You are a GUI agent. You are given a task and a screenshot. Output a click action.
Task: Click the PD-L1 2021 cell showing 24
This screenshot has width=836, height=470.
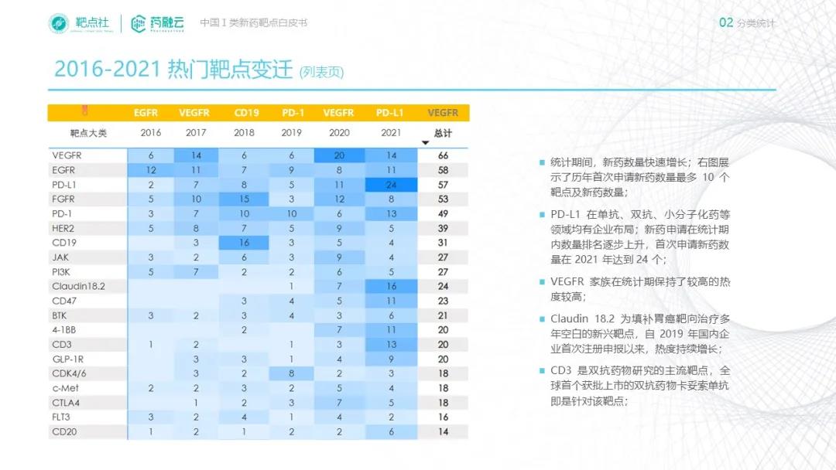coord(391,186)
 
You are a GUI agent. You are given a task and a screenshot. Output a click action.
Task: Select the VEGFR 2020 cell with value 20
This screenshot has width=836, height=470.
coord(339,155)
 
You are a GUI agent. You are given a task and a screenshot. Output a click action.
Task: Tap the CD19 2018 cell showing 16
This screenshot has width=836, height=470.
coord(244,243)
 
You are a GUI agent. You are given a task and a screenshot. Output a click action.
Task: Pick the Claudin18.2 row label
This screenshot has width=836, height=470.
coord(78,286)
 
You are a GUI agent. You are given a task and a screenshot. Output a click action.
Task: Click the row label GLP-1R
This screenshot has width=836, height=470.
coord(67,359)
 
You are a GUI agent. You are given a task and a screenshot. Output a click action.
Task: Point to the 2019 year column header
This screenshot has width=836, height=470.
coord(291,133)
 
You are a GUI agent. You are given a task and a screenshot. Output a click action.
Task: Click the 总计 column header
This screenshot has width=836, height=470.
coord(443,133)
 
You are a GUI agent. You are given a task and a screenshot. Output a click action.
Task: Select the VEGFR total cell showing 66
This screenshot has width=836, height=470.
coord(443,155)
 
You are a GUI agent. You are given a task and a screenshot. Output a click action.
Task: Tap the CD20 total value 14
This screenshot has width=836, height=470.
coord(443,432)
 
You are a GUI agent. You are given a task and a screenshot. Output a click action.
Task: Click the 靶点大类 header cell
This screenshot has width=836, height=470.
coord(87,133)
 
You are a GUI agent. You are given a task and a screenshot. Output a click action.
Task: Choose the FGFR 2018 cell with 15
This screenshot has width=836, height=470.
coord(244,199)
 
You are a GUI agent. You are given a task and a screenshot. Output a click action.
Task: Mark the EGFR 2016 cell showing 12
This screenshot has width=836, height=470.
coord(151,170)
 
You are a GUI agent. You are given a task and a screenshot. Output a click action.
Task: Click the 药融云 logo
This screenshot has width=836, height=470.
coord(157,23)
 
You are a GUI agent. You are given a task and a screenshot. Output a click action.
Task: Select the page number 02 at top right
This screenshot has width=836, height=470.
coord(725,22)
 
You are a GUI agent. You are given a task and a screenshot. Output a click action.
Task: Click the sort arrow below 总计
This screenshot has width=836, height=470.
coord(425,143)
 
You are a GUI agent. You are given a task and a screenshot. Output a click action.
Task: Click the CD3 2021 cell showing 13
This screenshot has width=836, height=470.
coord(391,344)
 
